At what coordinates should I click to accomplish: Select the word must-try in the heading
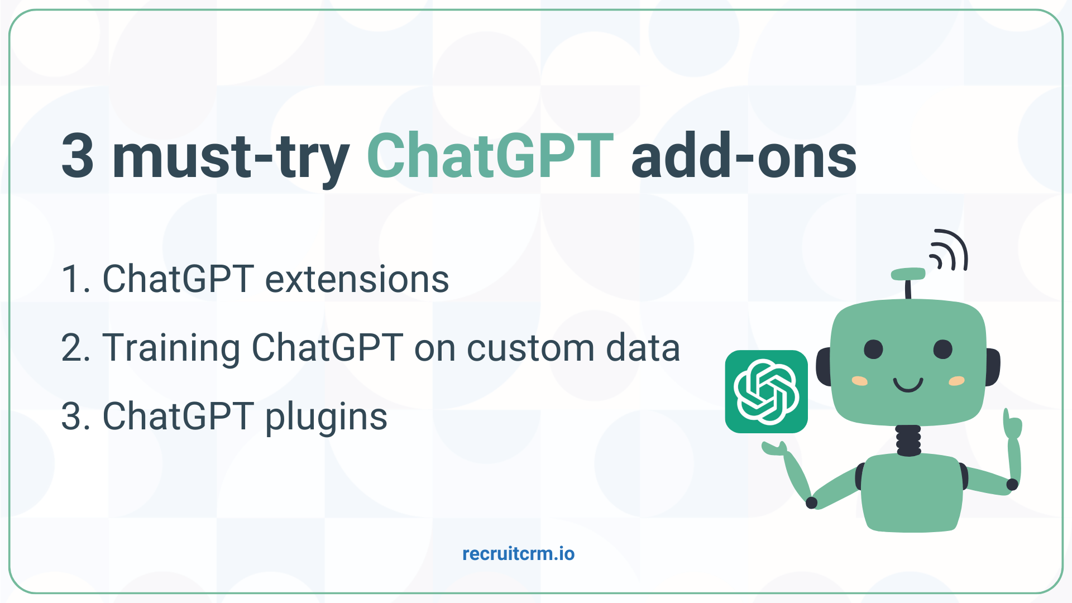231,157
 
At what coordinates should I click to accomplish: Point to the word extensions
357,279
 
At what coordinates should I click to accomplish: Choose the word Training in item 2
171,348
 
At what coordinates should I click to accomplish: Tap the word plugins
326,418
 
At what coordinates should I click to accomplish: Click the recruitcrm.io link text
518,554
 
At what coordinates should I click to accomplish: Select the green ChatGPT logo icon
766,391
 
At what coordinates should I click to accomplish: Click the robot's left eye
873,350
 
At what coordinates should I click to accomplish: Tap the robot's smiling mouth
908,385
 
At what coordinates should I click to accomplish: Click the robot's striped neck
908,440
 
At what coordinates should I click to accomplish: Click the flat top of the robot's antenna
908,274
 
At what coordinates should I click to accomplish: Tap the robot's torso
911,491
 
